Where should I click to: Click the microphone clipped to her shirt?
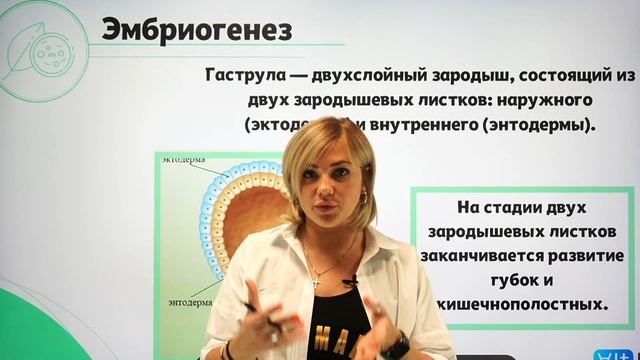349,282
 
